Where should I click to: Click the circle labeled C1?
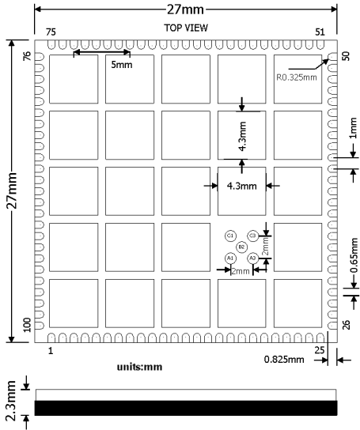tap(230, 236)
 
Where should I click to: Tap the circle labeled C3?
tap(252, 236)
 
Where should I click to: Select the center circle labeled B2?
tap(241, 247)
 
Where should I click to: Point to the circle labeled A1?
tap(230, 258)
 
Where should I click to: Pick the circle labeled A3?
tap(252, 258)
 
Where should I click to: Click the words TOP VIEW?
tap(186, 28)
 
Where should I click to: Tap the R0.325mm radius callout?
tap(297, 77)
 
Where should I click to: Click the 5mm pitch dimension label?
tap(121, 65)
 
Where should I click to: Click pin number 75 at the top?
tap(51, 32)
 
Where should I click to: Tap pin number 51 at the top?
tap(320, 32)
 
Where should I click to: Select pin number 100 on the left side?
tap(27, 325)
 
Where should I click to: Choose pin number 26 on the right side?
tap(345, 323)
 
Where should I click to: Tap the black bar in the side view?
tap(186, 409)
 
